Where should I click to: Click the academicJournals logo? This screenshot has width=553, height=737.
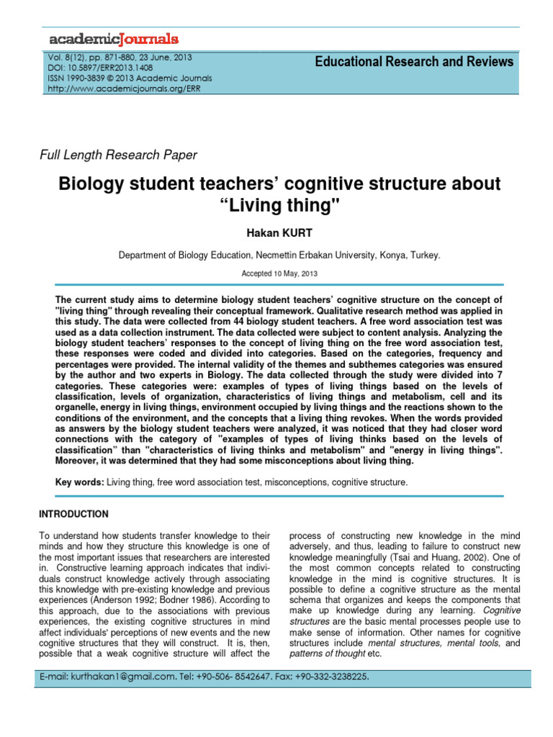(113, 38)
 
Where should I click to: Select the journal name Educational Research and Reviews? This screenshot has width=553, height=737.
(414, 62)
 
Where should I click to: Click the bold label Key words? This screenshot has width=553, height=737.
(79, 482)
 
